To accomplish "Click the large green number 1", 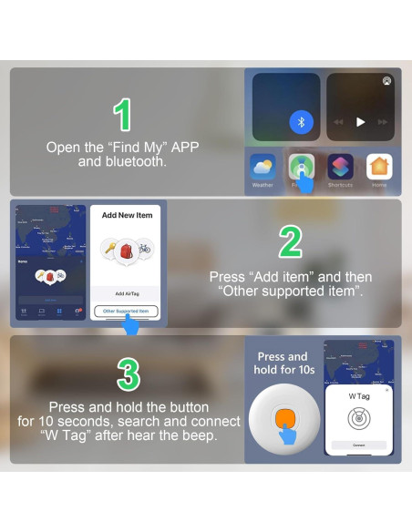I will (123, 115).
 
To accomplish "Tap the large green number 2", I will (289, 242).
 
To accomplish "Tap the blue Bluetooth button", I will (301, 122).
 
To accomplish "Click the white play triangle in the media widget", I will (360, 122).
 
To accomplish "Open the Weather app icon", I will (263, 167).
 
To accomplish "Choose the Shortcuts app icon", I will (340, 167).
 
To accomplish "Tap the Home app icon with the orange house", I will (379, 167).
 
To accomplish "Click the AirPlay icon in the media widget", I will (387, 81).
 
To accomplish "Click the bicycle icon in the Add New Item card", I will (144, 248).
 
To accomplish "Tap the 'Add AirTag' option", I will (126, 294).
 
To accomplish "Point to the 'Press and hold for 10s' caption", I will (283, 363).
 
